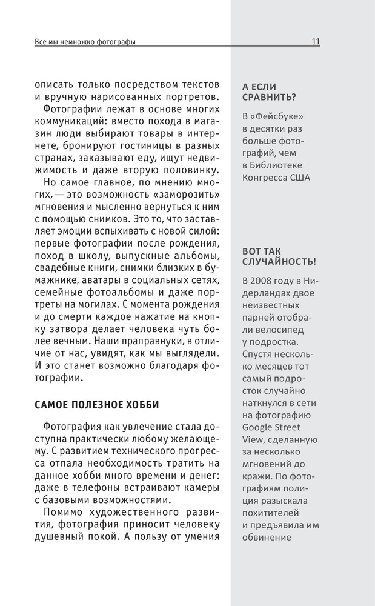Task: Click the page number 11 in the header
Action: [x=316, y=42]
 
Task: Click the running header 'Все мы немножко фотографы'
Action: [x=85, y=42]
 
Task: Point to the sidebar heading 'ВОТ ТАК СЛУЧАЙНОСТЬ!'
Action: [x=278, y=256]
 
